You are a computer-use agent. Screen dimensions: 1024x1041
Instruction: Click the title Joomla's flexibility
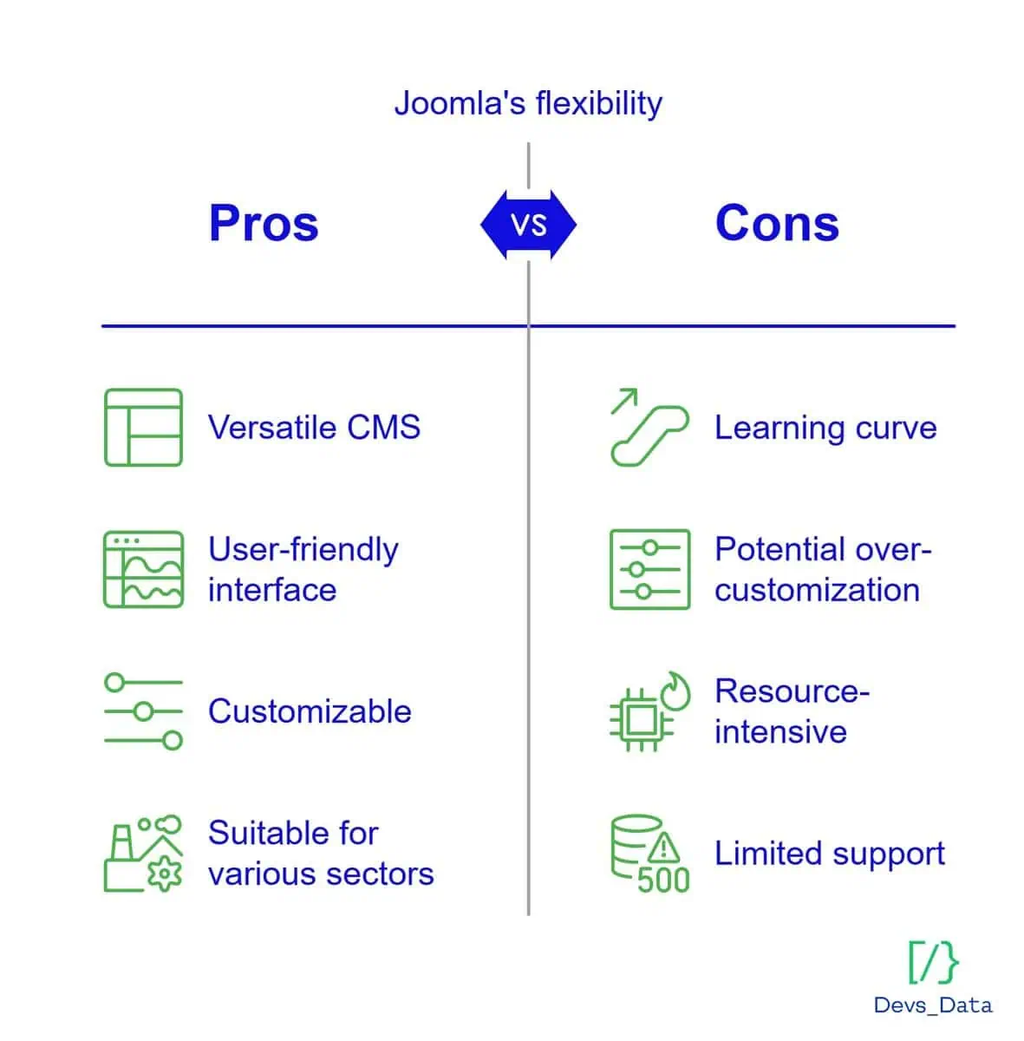[528, 103]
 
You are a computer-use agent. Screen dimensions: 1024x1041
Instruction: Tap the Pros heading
[264, 224]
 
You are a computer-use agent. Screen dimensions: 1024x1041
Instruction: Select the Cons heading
[777, 223]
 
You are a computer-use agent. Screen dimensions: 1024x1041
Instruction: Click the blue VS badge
[528, 225]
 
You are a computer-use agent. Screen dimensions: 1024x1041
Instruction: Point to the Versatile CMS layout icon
[143, 427]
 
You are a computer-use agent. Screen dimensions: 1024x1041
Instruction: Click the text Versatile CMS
[314, 428]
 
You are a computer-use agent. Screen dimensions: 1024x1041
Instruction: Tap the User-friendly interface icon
[143, 569]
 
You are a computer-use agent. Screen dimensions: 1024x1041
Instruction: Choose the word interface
[272, 589]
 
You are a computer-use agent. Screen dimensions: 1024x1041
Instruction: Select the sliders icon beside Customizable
[143, 711]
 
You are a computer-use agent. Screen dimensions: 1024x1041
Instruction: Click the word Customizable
[310, 711]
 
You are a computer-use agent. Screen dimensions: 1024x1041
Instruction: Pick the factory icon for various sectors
[143, 853]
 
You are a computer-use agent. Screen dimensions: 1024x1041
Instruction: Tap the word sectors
[380, 874]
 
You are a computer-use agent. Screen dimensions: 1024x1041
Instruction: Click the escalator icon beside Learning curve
[649, 427]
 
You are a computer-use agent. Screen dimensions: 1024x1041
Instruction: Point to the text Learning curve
[825, 429]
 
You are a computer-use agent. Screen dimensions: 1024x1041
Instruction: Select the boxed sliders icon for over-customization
[649, 569]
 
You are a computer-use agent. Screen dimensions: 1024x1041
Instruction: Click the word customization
[817, 589]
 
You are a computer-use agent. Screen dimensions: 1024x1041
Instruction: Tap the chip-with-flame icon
[649, 711]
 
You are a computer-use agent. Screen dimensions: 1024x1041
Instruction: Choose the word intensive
[780, 731]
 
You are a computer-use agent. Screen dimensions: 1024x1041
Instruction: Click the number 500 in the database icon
[663, 880]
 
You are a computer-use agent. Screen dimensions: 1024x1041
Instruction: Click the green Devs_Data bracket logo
[933, 962]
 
